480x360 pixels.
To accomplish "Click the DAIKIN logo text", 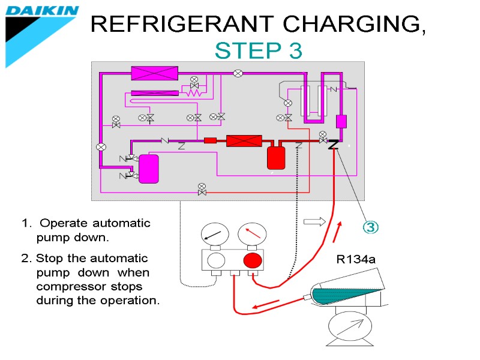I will coord(42,11).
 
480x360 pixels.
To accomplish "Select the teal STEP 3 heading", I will coord(259,52).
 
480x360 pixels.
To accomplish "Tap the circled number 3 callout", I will coord(371,227).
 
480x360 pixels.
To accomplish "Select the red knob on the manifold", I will coord(253,260).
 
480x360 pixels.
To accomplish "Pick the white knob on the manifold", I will coord(215,260).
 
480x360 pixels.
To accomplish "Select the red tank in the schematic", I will coord(276,157).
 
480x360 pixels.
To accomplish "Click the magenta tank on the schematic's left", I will coord(149,168).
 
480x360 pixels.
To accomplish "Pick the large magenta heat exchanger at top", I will coord(155,73).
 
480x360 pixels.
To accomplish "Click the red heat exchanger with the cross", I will coord(244,141).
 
